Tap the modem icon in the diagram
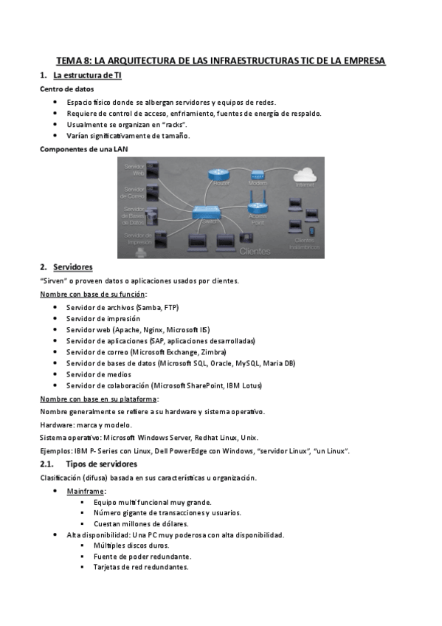pyautogui.click(x=258, y=176)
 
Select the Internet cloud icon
pyautogui.click(x=304, y=175)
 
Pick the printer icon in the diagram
pyautogui.click(x=139, y=252)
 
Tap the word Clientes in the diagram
pyautogui.click(x=256, y=251)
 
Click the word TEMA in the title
pyautogui.click(x=72, y=61)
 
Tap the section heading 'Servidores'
pyautogui.click(x=73, y=266)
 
